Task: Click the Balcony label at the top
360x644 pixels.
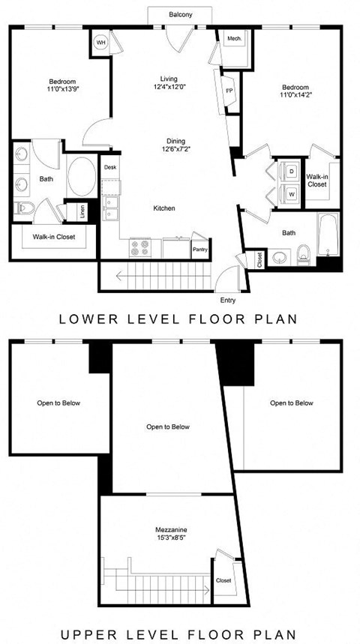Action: tap(180, 15)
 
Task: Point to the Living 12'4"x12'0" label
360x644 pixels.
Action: tap(173, 83)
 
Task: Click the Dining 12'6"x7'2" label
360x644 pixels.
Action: tap(176, 145)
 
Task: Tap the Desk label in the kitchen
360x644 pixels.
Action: tap(110, 167)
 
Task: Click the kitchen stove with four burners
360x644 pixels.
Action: tap(140, 247)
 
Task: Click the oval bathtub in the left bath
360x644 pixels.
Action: tap(82, 176)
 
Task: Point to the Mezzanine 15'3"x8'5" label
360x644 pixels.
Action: tap(173, 534)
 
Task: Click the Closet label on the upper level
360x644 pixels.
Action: tap(223, 580)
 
